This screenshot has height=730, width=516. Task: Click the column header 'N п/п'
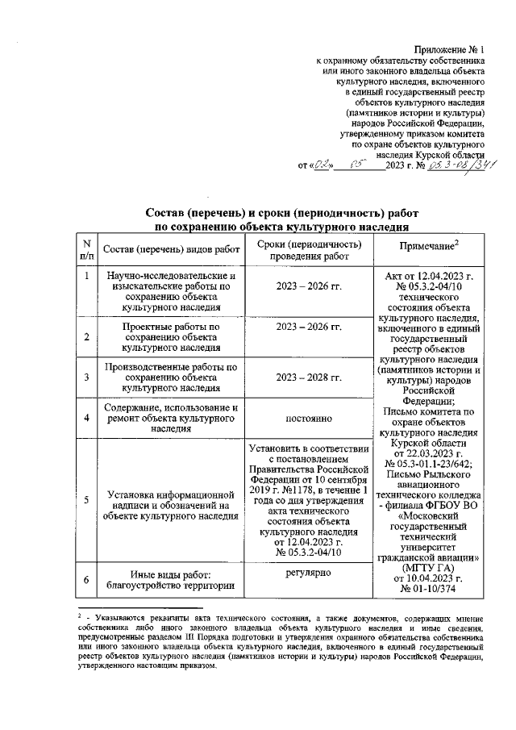(x=86, y=249)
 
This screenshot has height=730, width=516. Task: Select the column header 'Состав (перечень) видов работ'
(x=172, y=250)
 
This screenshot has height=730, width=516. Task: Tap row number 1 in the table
(x=86, y=277)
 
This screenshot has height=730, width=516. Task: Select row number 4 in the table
(x=86, y=417)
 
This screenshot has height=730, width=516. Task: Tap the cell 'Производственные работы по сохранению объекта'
(x=172, y=377)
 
